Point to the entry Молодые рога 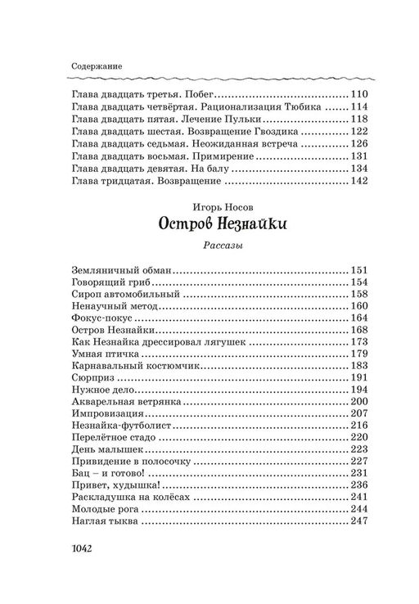click(x=102, y=509)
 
